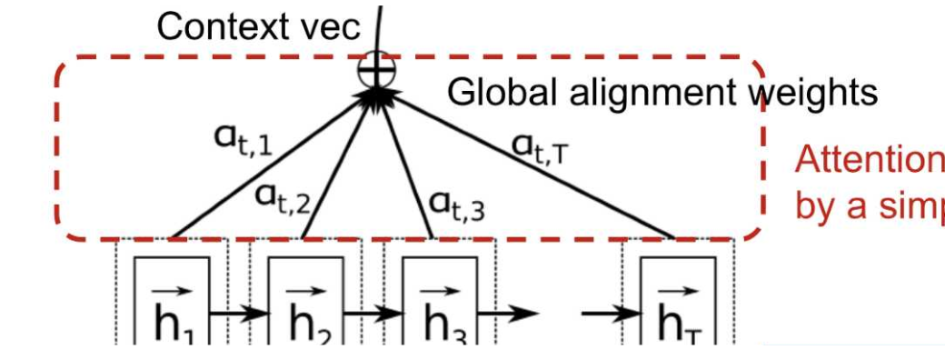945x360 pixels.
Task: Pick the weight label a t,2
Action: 283,196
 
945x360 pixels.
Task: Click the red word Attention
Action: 868,160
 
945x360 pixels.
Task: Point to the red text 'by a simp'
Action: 868,207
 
